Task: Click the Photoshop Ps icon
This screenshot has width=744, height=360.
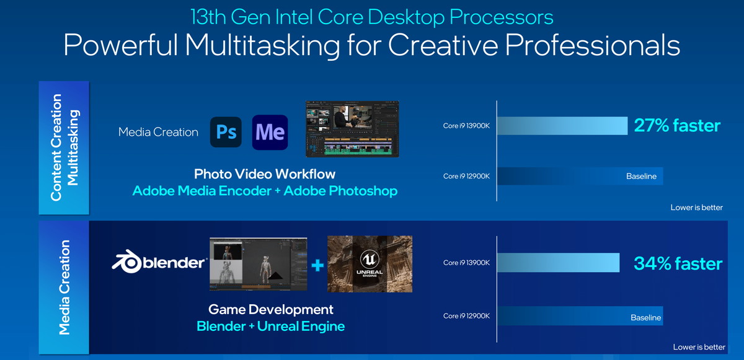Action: coord(226,132)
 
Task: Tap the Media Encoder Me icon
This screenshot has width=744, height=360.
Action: coord(270,132)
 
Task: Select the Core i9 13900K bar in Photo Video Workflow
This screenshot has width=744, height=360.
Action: coord(562,126)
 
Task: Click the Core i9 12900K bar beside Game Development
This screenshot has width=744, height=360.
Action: coord(580,316)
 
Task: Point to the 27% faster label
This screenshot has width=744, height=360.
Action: coord(677,125)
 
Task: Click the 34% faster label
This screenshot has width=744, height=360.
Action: coord(678,263)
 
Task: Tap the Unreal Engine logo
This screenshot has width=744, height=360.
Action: coord(370,264)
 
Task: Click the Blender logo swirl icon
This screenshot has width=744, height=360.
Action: coord(126,261)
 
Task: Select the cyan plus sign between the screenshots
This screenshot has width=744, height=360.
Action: coord(317,265)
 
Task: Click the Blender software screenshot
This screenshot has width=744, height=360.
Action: coord(259,264)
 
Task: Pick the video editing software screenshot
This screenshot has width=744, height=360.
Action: coord(352,129)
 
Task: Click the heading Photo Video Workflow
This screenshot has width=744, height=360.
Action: coord(265,174)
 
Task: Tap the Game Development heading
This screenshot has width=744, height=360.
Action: coord(271,310)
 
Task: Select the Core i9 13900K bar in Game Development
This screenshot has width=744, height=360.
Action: coord(559,263)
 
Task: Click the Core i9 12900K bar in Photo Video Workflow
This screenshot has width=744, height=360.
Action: coord(580,176)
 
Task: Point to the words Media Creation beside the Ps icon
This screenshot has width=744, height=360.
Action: coord(158,132)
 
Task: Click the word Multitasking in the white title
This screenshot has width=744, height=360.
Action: coord(262,45)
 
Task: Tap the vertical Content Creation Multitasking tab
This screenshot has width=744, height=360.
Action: coord(64,147)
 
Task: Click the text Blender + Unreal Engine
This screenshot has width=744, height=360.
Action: coord(271,326)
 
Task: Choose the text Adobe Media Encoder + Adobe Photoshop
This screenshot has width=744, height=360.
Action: coord(265,191)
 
